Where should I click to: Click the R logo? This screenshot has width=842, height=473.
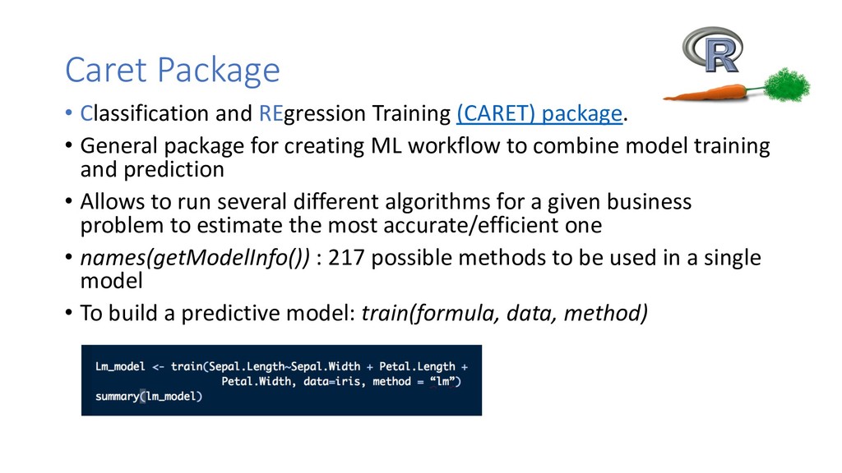tap(713, 49)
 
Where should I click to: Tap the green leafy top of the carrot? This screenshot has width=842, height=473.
tap(787, 85)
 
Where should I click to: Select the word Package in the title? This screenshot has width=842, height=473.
tap(219, 71)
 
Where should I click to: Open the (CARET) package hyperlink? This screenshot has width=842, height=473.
tap(539, 113)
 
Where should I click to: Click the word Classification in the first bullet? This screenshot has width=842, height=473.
tap(145, 113)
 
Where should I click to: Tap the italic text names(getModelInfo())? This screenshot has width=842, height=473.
tap(195, 258)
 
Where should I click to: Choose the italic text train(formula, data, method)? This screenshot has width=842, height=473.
tap(504, 313)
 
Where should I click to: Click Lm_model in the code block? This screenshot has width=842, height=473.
tap(120, 367)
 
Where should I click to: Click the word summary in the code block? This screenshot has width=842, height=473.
tap(117, 397)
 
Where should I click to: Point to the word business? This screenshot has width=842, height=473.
tap(650, 202)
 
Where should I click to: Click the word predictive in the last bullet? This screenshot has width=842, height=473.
tap(229, 314)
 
